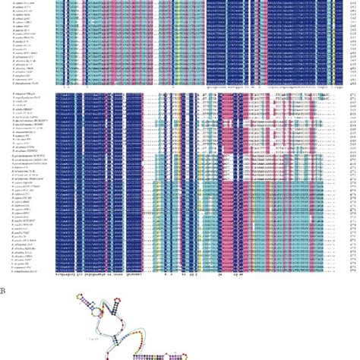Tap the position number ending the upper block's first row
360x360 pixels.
(354, 2)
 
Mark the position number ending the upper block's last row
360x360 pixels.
(354, 79)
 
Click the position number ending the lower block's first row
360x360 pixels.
(354, 95)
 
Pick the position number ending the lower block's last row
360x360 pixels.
(354, 270)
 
